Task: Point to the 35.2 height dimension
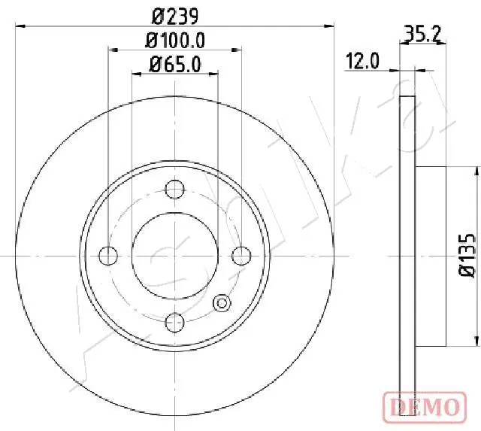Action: point(421,33)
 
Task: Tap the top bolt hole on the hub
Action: point(174,188)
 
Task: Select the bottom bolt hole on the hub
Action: point(174,322)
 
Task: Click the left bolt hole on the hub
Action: point(108,256)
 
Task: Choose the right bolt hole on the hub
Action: point(240,256)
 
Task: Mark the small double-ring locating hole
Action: point(222,302)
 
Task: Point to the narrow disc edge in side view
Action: point(407,256)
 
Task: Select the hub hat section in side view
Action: point(431,256)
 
